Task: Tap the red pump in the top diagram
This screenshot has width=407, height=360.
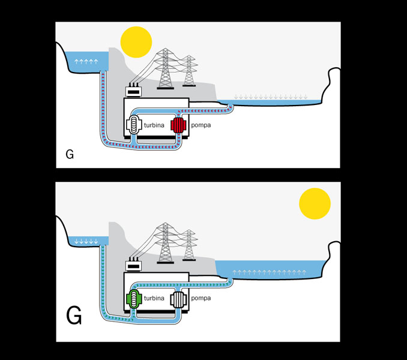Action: tap(178, 126)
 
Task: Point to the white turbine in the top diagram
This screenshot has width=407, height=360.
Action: tap(132, 126)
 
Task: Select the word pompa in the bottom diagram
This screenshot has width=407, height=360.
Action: tap(201, 298)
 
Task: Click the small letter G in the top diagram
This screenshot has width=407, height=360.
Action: tap(70, 155)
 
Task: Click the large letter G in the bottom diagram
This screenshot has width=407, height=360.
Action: tap(74, 315)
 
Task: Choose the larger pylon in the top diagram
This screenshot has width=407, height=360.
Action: tap(164, 68)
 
